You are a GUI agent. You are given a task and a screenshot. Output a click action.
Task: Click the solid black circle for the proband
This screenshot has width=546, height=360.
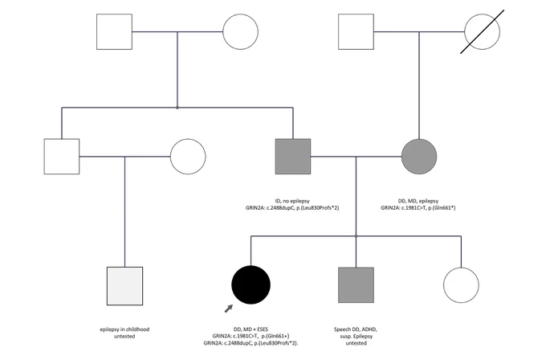[x=251, y=284]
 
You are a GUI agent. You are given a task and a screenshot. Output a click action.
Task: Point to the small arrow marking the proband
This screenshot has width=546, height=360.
[x=228, y=309]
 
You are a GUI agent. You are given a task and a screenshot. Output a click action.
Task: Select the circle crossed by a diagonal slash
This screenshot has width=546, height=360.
[x=483, y=31]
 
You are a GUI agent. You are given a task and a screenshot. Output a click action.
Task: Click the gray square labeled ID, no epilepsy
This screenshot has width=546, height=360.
[x=293, y=157]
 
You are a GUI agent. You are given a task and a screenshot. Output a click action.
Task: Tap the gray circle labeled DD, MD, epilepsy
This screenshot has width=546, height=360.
[x=419, y=157]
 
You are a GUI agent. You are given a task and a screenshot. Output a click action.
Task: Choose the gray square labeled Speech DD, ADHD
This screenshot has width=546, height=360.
[x=356, y=285]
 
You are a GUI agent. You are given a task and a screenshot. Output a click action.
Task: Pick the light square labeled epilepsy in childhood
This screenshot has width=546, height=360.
[x=124, y=286]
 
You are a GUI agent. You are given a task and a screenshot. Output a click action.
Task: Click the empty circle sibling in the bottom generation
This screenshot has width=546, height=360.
[x=461, y=285]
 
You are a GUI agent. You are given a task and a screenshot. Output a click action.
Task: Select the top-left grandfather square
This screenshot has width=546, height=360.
[x=114, y=31]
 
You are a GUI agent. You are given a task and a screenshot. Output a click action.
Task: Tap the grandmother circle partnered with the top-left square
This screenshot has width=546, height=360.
[x=240, y=31]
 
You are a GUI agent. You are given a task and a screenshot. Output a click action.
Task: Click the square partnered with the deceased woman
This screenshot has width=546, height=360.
[x=356, y=31]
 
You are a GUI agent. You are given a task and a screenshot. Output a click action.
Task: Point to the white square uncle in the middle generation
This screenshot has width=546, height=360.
[x=62, y=157]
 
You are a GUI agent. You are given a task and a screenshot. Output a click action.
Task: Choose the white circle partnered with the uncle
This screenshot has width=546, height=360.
[x=188, y=157]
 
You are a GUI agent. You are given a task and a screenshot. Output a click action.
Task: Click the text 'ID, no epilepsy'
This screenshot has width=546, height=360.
[x=292, y=201]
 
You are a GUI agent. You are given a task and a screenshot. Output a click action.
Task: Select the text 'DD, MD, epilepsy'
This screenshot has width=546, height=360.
[x=418, y=201]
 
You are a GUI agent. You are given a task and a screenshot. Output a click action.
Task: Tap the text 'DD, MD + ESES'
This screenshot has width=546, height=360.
[x=251, y=329]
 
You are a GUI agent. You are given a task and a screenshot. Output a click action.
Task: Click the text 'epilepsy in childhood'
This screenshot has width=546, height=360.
[x=124, y=329]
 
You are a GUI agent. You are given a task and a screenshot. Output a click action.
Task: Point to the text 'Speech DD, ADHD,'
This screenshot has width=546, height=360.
[x=356, y=329]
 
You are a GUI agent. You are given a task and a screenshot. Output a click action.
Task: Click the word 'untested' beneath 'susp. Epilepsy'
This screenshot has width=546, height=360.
[x=356, y=343]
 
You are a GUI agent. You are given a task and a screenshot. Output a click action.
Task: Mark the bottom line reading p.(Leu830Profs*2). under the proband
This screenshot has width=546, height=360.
[x=251, y=343]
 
